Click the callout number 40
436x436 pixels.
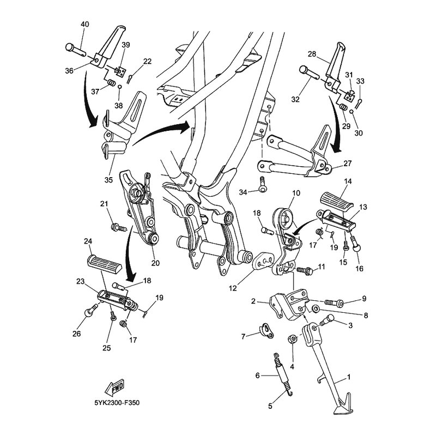point(84,25)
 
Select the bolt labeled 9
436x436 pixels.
point(332,301)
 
